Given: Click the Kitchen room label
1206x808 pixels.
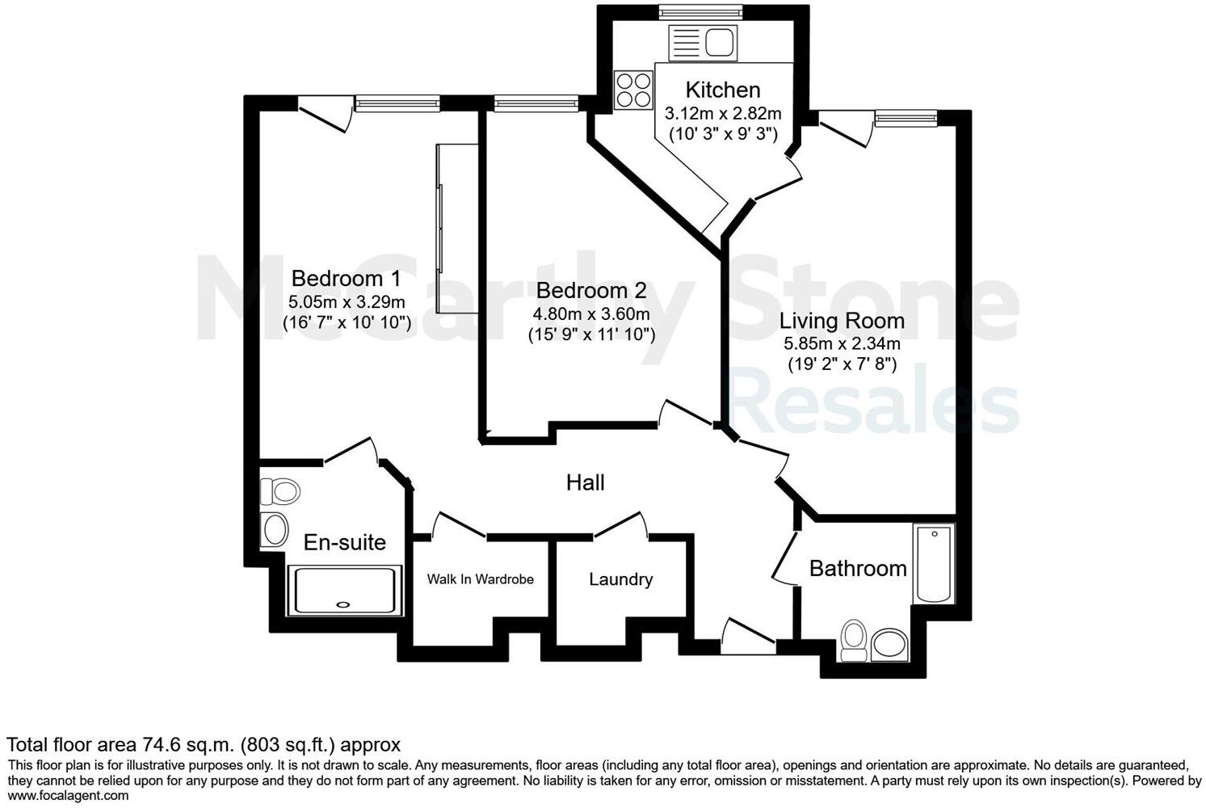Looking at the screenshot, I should [722, 90].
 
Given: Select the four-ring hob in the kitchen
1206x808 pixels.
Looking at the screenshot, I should [633, 90].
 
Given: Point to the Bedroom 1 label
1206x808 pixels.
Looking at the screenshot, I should [346, 279].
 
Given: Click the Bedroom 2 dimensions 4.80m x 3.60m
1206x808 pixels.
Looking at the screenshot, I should [591, 314].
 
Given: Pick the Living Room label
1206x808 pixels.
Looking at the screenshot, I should [842, 321].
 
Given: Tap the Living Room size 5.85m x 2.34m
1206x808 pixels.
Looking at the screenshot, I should [842, 344].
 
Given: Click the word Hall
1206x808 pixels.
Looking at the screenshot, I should [585, 483].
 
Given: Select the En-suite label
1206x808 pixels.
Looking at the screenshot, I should [344, 542].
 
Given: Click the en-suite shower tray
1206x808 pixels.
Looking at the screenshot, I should [345, 590].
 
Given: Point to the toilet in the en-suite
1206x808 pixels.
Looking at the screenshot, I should [279, 490].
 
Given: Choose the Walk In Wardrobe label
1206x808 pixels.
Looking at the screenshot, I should [480, 579].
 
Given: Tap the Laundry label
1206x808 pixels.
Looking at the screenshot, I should [620, 579].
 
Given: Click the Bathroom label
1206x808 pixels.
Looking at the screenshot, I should [858, 569].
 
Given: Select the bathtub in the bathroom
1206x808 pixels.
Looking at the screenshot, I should [933, 564].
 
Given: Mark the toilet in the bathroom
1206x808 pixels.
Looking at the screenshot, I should [853, 639].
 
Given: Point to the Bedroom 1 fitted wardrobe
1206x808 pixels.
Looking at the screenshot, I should [456, 228].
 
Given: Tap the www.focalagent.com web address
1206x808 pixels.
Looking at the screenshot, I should [68, 796].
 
